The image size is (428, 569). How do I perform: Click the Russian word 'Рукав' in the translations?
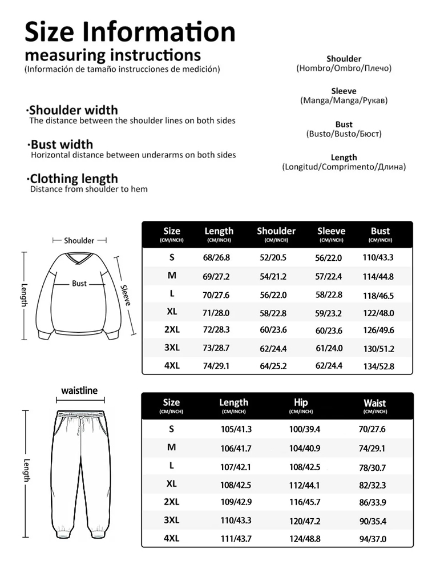374,100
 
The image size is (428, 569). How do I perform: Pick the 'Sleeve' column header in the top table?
331,231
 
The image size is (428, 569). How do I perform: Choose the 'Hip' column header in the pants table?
301,402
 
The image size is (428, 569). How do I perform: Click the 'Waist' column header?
375,403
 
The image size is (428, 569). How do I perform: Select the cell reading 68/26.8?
216,257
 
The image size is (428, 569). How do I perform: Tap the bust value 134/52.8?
379,366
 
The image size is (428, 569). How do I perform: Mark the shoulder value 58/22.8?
273,313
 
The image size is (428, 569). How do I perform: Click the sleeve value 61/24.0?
329,348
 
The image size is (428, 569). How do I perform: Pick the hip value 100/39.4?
305,429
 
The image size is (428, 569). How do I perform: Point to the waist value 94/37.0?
373,539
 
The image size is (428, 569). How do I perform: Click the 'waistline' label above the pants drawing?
79,391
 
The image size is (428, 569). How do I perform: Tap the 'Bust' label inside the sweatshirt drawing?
79,284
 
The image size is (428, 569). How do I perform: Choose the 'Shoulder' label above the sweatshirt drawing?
79,241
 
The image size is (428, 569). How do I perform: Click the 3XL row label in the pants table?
171,520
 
